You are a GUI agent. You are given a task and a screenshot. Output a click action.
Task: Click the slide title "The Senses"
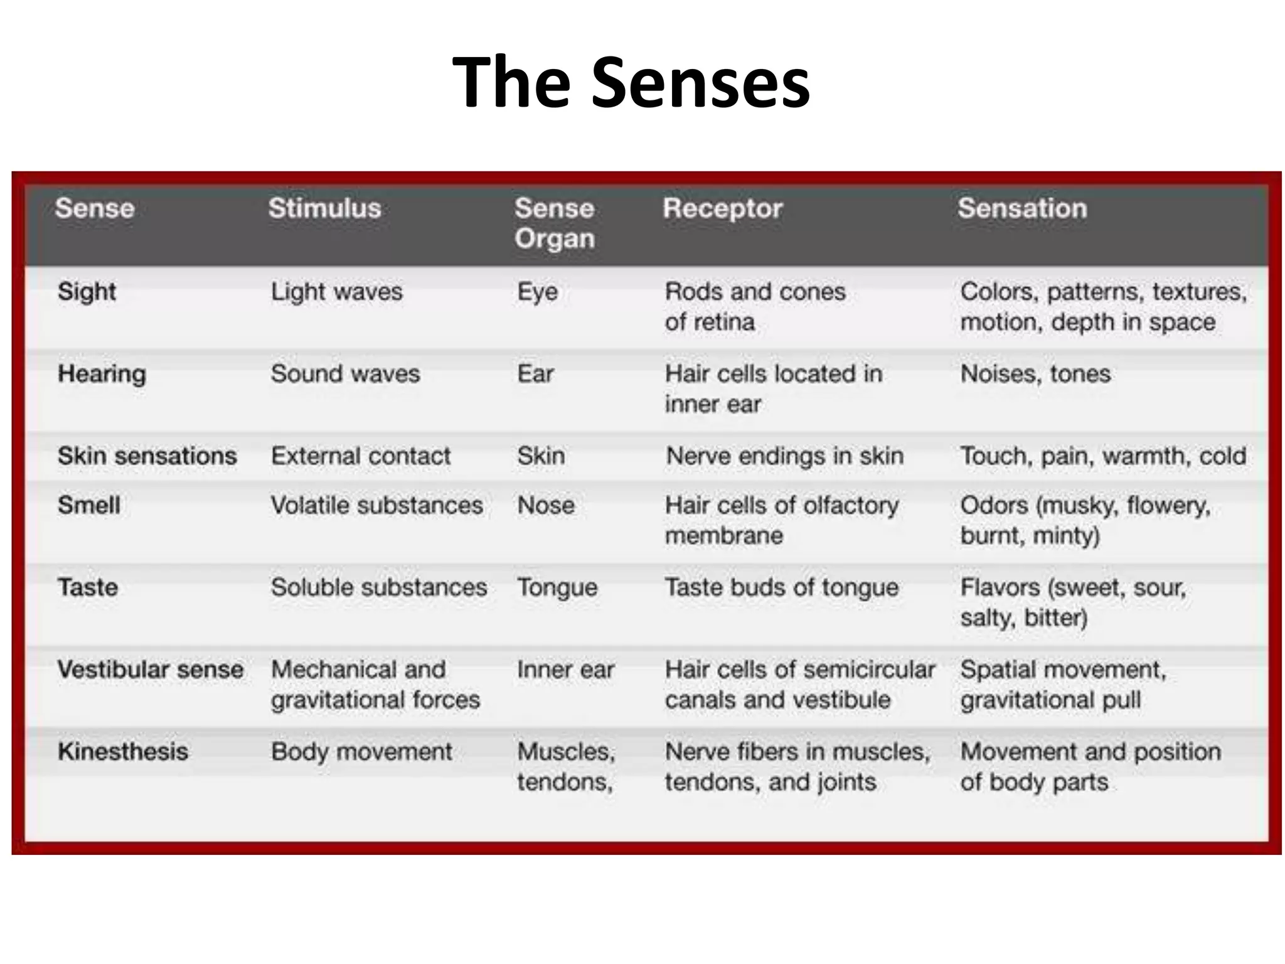point(631,82)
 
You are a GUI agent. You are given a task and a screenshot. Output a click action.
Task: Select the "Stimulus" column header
point(324,208)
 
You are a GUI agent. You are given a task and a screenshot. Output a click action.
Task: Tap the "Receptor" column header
point(722,208)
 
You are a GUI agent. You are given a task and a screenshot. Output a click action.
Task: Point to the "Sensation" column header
point(1022,208)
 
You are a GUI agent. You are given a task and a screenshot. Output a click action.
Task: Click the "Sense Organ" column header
point(554,223)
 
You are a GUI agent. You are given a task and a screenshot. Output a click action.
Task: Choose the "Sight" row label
point(87,292)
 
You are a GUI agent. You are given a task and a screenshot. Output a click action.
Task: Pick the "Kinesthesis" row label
point(122,752)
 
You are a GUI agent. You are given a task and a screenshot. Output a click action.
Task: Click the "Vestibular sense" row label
point(150,670)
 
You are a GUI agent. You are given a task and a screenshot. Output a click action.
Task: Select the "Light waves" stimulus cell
point(336,292)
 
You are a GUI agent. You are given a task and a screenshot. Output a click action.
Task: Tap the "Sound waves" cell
point(345,374)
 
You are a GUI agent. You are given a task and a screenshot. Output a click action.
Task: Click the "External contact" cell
point(361,456)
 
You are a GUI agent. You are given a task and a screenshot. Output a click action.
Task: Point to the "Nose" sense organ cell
point(546,505)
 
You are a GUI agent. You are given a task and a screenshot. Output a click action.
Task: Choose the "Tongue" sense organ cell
point(557,588)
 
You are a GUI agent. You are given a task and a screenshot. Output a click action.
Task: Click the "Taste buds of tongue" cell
point(782,588)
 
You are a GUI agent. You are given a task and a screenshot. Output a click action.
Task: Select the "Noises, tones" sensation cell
point(1035,374)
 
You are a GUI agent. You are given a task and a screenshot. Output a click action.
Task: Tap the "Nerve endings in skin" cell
point(784,456)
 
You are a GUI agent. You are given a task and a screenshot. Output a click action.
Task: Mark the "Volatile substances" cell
point(376,505)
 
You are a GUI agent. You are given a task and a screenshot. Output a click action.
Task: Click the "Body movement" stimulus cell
point(361,752)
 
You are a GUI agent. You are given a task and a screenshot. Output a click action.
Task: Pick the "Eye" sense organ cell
point(537,292)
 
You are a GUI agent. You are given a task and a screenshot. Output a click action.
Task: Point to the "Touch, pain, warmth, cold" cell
point(1103,456)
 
